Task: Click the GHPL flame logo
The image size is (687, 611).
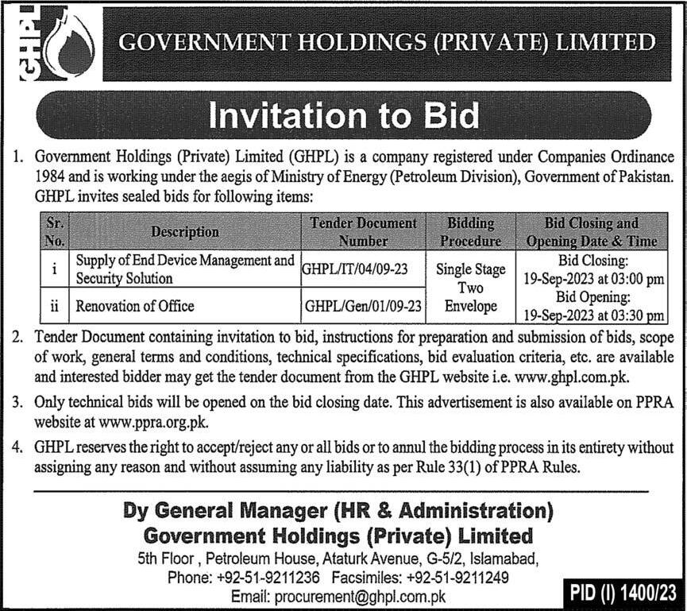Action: (x=54, y=43)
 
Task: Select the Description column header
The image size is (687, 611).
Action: (x=185, y=231)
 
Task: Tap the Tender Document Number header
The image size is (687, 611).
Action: (x=363, y=231)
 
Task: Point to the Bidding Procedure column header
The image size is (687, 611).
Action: (x=470, y=231)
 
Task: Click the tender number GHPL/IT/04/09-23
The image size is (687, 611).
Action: (x=355, y=269)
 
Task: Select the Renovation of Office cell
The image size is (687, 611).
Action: (x=135, y=306)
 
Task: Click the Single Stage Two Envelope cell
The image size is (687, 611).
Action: (x=470, y=288)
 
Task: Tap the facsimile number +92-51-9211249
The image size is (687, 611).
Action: (x=457, y=578)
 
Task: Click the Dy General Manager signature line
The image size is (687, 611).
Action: (x=338, y=511)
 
